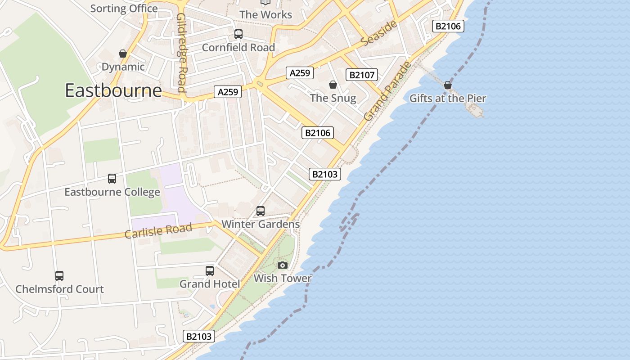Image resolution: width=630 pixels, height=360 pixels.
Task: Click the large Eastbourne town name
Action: point(113,90)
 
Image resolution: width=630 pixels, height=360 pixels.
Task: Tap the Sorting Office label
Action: point(124,9)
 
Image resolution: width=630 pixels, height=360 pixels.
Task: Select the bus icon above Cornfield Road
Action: point(238,34)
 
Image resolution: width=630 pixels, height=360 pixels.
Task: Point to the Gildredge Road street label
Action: point(182,52)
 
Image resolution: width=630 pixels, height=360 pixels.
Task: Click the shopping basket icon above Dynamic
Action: point(123,54)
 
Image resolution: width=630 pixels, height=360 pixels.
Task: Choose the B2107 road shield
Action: point(361,75)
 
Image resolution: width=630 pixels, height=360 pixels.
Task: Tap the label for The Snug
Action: point(333,98)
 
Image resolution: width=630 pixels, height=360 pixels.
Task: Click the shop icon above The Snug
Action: point(333,85)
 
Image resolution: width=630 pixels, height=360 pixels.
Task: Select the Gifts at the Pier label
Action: point(448,99)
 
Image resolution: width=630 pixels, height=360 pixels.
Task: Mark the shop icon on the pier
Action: point(448,85)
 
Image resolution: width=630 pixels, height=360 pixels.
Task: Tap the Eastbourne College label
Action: point(112,192)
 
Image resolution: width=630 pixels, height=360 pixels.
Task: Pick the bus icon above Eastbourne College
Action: point(112,179)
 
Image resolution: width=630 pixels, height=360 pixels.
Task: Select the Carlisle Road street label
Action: point(158,230)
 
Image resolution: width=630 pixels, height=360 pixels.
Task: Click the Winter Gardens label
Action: point(261,224)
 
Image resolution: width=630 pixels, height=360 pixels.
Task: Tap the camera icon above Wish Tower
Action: point(283,265)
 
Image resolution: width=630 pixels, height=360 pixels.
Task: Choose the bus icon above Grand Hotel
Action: point(210,271)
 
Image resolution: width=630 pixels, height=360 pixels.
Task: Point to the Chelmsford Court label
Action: point(59,289)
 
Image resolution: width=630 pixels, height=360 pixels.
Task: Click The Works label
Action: point(265,14)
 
